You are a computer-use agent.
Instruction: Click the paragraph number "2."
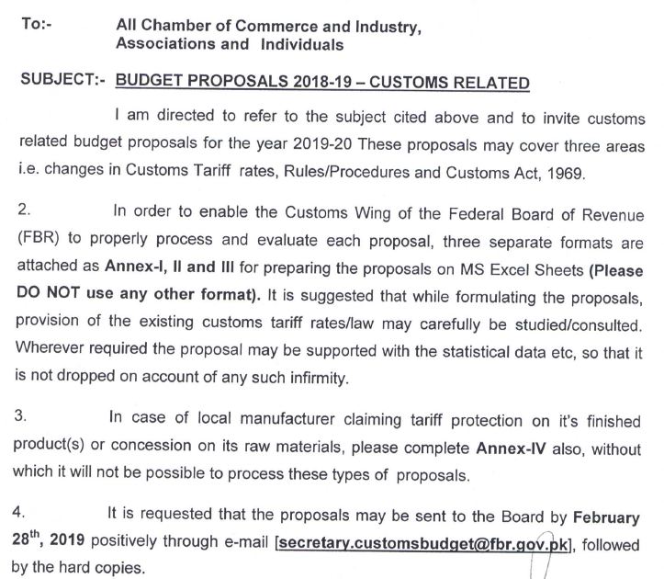tap(25, 211)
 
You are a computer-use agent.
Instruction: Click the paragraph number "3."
tap(25, 415)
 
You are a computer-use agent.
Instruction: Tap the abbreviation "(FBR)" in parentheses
tap(38, 235)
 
